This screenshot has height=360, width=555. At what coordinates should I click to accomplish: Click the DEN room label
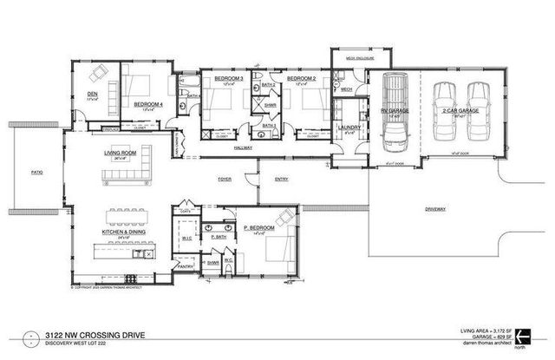(91, 95)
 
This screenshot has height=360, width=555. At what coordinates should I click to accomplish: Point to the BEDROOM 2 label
(300, 78)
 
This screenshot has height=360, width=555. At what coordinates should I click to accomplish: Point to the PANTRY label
(185, 265)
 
